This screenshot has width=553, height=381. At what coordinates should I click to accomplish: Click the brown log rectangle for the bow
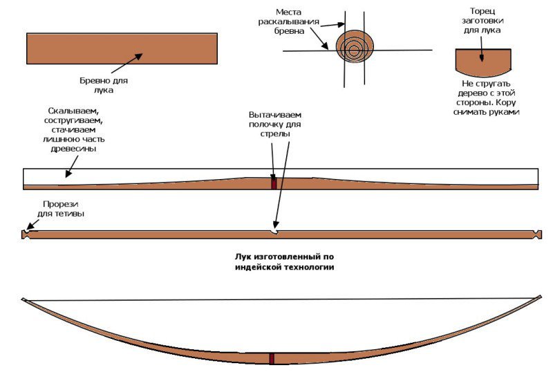[x=83, y=48]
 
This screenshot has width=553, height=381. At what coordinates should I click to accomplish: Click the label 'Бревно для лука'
[x=104, y=85]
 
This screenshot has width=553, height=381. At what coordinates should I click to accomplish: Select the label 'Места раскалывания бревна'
[x=298, y=21]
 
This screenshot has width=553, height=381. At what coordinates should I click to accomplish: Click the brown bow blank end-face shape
[x=483, y=62]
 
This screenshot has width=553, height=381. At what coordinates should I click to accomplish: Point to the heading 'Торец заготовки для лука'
[x=482, y=21]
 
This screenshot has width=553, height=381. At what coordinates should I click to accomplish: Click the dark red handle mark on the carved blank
[x=274, y=184]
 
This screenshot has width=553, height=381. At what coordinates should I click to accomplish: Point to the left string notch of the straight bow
[x=26, y=234]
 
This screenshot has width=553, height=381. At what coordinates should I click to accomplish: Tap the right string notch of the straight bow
[x=537, y=234]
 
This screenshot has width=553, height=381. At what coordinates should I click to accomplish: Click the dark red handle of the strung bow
[x=272, y=358]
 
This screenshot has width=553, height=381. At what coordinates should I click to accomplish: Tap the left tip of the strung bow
[x=24, y=299]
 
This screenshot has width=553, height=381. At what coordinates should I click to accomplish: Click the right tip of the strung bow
[x=538, y=297]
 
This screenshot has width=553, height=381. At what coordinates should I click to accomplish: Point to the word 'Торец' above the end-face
[x=482, y=11]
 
